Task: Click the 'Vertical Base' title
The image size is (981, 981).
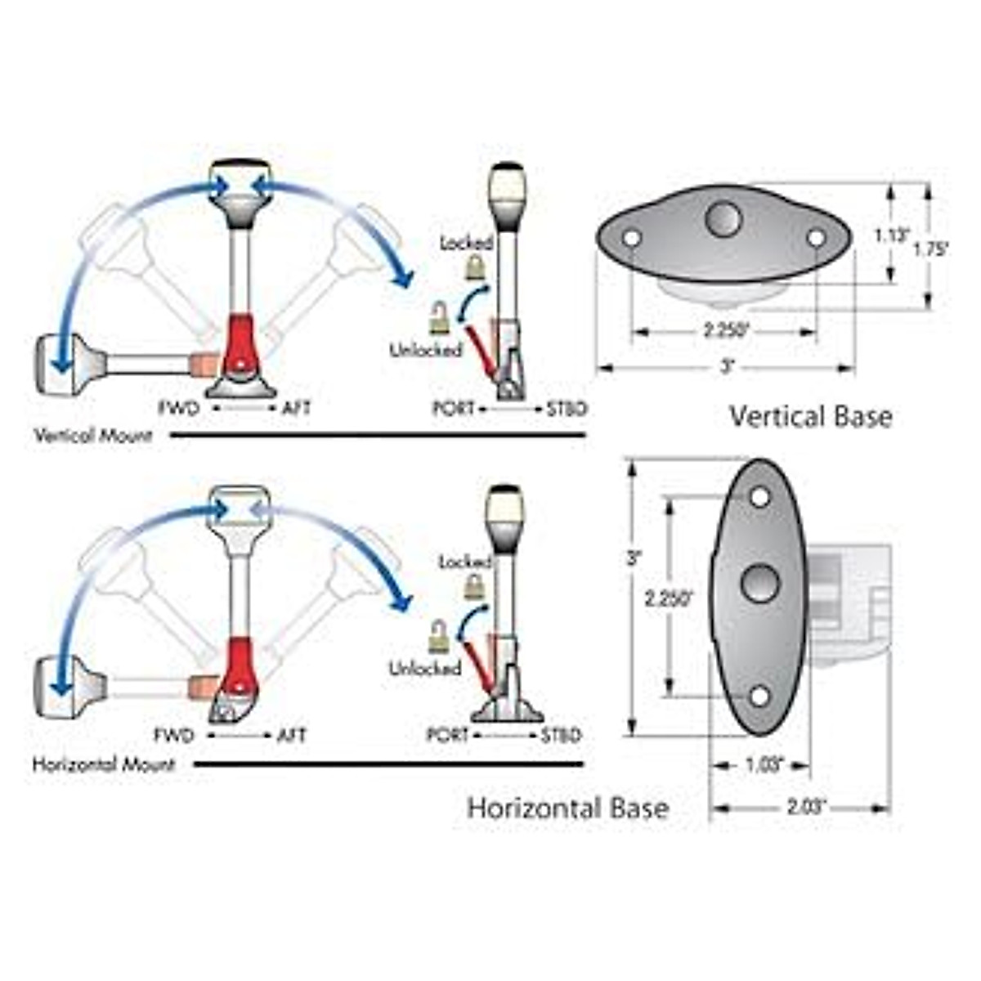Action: pos(810,417)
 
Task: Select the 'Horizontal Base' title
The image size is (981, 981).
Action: pos(568,809)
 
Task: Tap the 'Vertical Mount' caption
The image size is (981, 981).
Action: pos(93,436)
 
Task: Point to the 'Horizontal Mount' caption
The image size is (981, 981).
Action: pos(104,766)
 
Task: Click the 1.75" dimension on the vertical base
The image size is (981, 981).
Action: pos(931,250)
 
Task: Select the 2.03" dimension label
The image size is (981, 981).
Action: pos(803,809)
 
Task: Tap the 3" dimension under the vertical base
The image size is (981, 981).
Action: pos(726,369)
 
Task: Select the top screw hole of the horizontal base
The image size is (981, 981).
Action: pos(759,496)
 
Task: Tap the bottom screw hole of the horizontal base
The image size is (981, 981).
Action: pos(759,697)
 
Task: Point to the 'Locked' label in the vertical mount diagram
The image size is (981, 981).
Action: pos(466,243)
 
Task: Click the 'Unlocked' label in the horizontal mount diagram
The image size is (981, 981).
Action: pos(424,669)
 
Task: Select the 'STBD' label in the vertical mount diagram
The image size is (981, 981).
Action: pos(566,409)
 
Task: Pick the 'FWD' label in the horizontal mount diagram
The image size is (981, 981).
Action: pos(175,736)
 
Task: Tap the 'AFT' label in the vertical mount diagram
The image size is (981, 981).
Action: pos(296,408)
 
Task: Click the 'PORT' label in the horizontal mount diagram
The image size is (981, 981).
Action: pos(448,736)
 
